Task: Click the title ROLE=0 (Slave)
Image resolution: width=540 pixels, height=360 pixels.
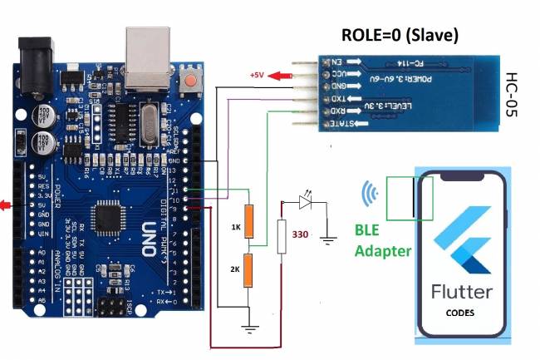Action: (x=400, y=36)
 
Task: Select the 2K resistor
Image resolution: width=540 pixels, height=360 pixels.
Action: (x=247, y=271)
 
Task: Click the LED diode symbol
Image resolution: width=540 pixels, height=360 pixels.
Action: (x=305, y=201)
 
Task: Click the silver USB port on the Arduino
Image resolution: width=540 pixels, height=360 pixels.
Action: (x=147, y=57)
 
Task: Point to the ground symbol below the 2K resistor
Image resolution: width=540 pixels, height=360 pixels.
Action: (x=247, y=326)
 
